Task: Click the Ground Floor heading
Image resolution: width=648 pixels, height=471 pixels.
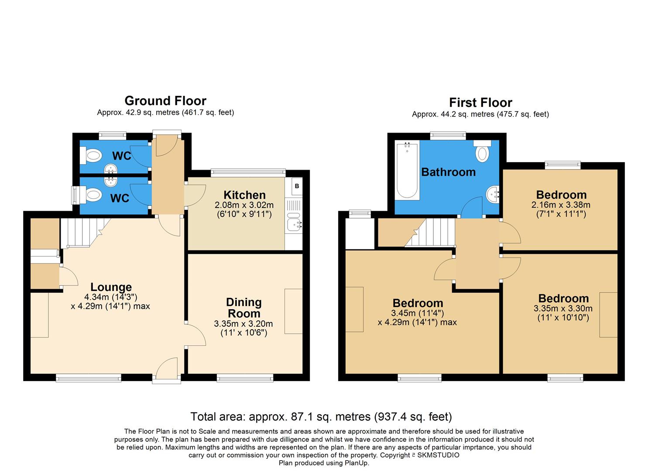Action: coord(165,101)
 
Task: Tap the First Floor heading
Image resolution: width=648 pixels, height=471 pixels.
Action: coord(480,102)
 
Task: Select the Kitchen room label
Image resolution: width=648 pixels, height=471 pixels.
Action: coord(244,195)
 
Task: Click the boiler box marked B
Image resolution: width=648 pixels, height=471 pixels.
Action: coord(297,186)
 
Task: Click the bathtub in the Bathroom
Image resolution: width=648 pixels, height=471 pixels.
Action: coord(407,171)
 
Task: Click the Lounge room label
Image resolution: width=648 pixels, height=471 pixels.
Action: coord(111,287)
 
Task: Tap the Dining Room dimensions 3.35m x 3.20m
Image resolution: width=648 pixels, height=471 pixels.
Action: coord(243,324)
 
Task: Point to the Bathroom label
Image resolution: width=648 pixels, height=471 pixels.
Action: coord(448,172)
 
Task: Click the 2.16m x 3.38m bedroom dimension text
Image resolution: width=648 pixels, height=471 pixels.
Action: coord(561,205)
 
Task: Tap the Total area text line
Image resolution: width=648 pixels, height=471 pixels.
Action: coord(321,416)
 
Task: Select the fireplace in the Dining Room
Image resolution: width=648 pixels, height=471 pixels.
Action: coord(294,311)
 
